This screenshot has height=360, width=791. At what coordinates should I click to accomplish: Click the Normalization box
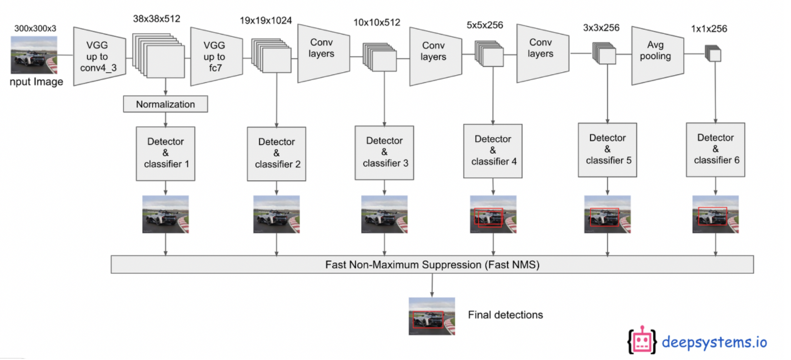tap(166, 104)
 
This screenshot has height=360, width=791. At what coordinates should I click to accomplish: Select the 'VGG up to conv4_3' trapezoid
tap(99, 57)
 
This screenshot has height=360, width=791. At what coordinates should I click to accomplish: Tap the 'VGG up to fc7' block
tap(217, 57)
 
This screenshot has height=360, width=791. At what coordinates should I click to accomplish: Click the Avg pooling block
tap(658, 56)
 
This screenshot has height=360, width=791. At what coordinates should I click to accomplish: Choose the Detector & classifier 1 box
tap(166, 154)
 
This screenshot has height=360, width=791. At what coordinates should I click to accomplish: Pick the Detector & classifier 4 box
tap(493, 151)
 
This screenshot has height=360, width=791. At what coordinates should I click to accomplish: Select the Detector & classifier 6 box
tap(715, 150)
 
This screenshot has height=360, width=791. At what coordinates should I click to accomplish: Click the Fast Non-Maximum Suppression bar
tap(432, 264)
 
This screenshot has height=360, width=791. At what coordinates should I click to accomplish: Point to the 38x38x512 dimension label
tap(157, 19)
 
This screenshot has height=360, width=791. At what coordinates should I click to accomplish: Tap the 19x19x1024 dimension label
tap(266, 21)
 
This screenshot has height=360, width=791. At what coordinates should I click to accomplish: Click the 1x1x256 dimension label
tap(709, 29)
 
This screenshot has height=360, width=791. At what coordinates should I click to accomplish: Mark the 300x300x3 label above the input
tap(35, 28)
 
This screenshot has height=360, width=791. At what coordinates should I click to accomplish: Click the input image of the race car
tap(34, 55)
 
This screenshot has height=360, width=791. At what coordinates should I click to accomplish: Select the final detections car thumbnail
tap(432, 316)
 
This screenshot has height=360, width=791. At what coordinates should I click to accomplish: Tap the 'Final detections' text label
tap(505, 315)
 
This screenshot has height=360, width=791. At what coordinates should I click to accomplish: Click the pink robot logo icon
tap(642, 340)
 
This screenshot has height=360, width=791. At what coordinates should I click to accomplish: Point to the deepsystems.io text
tap(714, 342)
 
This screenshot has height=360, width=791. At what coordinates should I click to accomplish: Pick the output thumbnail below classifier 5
tap(607, 214)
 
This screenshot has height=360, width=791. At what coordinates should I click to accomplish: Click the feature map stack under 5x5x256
tap(489, 54)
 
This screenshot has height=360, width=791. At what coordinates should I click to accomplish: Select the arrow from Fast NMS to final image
tap(432, 286)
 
